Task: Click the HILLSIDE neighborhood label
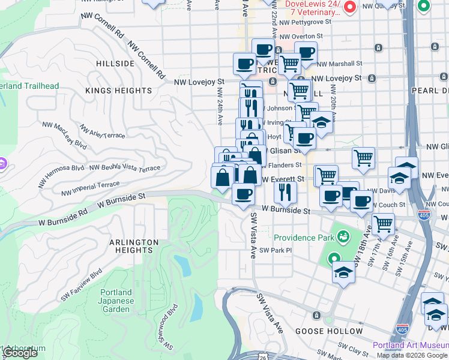tap(115, 64)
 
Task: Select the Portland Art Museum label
tap(410, 345)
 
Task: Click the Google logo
tap(20, 353)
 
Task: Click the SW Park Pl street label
tap(276, 250)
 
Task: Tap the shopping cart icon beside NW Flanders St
tap(363, 158)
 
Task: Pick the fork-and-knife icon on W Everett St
tap(285, 191)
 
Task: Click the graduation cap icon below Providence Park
tap(344, 272)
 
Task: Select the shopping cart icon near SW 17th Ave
tap(383, 224)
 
